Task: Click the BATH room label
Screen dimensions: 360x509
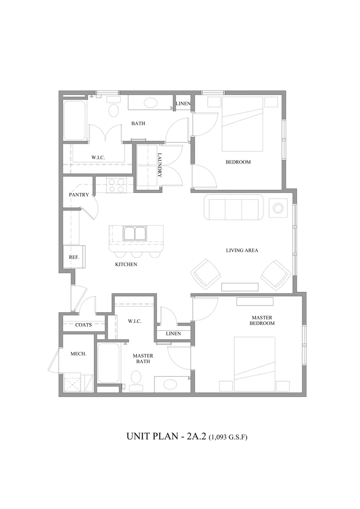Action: click(x=138, y=123)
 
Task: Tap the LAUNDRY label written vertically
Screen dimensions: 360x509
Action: click(x=160, y=165)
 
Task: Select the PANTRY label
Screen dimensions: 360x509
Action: click(x=79, y=195)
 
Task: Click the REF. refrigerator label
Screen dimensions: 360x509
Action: click(x=74, y=257)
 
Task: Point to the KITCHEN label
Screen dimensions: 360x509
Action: click(x=126, y=264)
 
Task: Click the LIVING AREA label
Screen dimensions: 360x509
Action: click(x=242, y=250)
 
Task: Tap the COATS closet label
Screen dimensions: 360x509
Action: click(x=84, y=325)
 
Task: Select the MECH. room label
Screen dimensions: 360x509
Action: click(x=79, y=354)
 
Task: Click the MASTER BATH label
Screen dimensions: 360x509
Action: click(x=143, y=358)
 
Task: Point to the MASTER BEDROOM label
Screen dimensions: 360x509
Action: click(x=262, y=320)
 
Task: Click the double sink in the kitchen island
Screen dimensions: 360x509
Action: click(x=135, y=233)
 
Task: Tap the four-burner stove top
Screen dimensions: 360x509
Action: click(x=115, y=185)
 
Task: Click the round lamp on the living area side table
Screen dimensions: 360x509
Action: click(x=278, y=208)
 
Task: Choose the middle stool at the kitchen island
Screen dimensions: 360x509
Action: click(x=137, y=254)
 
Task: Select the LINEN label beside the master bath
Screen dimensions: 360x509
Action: click(x=173, y=333)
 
